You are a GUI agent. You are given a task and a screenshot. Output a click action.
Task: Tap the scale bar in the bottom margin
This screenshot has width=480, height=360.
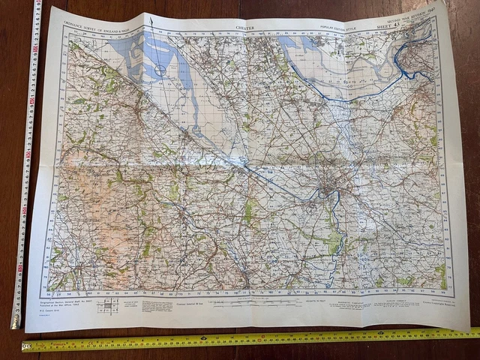pyautogui.click(x=247, y=304)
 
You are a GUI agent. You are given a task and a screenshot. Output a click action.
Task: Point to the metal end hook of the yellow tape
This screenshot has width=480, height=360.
pyautogui.click(x=25, y=346)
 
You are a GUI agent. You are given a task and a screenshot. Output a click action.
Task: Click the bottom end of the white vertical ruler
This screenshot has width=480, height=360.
pyautogui.click(x=14, y=322)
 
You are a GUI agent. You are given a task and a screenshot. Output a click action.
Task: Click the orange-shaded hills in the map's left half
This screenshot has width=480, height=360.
pyautogui.click(x=82, y=195)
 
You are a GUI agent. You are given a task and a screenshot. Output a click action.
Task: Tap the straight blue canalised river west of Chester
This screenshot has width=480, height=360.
pyautogui.click(x=277, y=184)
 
